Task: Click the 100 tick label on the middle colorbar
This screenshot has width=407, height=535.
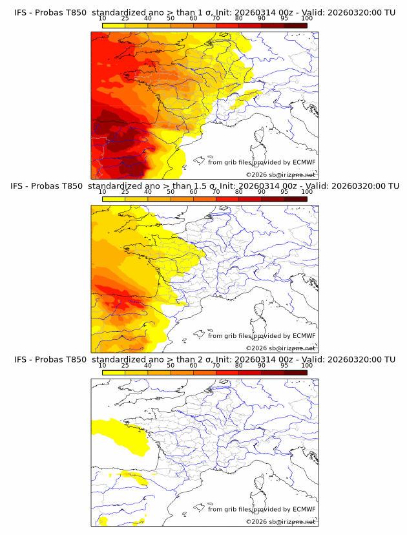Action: pyautogui.click(x=307, y=192)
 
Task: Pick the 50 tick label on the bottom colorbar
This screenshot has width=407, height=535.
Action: pyautogui.click(x=171, y=365)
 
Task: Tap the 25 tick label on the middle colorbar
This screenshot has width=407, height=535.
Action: pyautogui.click(x=125, y=192)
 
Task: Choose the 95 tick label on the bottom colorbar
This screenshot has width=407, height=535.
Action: pyautogui.click(x=284, y=365)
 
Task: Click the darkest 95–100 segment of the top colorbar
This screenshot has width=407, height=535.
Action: pyautogui.click(x=295, y=26)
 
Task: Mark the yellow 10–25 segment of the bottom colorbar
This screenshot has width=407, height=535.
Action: pyautogui.click(x=114, y=373)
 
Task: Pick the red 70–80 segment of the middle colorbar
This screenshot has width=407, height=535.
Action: pyautogui.click(x=227, y=200)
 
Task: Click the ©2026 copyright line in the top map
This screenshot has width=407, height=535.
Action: pyautogui.click(x=280, y=175)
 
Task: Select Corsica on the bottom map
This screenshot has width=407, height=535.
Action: pyautogui.click(x=261, y=482)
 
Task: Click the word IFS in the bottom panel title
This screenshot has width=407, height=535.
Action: pyautogui.click(x=20, y=360)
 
